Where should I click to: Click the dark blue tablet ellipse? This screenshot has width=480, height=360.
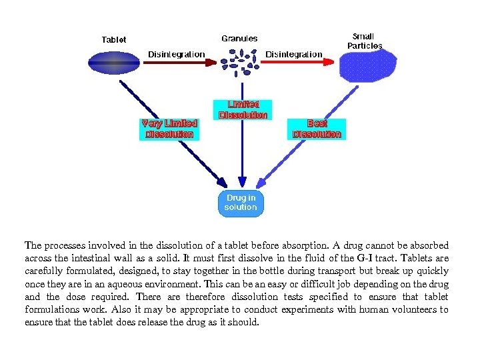(114, 63)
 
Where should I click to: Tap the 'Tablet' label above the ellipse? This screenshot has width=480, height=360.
(113, 40)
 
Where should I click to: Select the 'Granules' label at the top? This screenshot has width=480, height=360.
(239, 39)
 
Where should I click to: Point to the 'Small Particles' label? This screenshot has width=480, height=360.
(364, 41)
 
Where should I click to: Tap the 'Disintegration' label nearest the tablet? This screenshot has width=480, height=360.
(177, 53)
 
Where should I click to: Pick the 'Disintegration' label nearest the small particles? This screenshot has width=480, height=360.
(293, 53)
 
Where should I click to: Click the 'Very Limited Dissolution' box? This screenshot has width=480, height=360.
(169, 129)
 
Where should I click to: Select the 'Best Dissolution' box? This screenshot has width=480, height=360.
(317, 129)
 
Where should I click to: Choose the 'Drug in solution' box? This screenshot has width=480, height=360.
(241, 203)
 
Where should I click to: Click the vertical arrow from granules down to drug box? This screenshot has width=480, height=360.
(242, 153)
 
